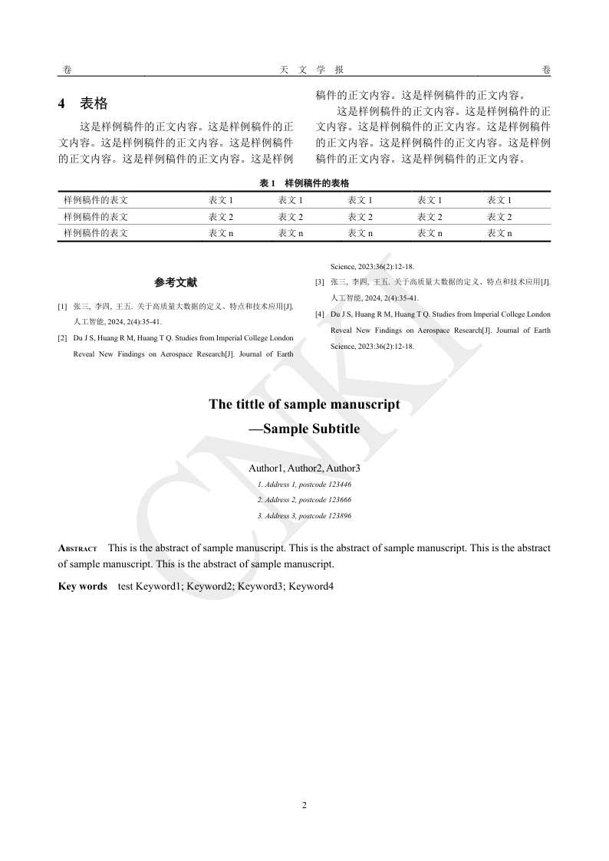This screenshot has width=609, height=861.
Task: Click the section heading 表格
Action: (94, 104)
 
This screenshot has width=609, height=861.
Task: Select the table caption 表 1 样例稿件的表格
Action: (304, 183)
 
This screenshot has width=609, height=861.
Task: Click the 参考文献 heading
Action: (176, 282)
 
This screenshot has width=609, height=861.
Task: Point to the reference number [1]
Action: (62, 307)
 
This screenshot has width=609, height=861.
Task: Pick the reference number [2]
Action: (62, 337)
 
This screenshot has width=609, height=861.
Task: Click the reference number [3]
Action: (320, 282)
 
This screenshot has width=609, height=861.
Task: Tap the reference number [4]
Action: (320, 314)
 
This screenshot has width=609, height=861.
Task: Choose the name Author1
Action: (266, 468)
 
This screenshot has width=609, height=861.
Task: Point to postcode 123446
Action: (337, 484)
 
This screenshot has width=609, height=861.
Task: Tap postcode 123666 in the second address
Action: (337, 500)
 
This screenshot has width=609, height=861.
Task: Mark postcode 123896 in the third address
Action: (337, 516)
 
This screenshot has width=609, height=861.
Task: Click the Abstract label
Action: (77, 549)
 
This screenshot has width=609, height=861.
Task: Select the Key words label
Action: (83, 587)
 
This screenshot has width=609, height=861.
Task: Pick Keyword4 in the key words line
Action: (311, 587)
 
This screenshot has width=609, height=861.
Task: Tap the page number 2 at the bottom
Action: (304, 805)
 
